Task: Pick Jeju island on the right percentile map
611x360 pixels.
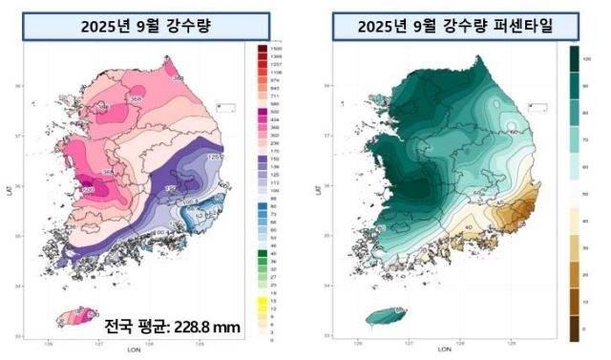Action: [x=386, y=317]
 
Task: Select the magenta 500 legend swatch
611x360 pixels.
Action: [x=263, y=111]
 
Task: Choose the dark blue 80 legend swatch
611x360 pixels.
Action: [x=263, y=205]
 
